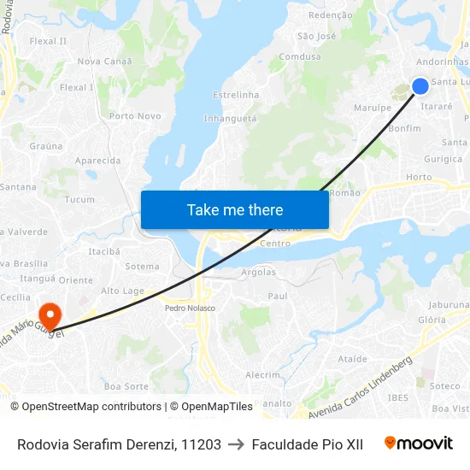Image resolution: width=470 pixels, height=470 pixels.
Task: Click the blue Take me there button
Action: tap(235, 209)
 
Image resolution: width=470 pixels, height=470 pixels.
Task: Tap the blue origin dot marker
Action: tap(420, 85)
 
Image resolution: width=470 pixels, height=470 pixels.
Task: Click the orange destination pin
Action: tap(50, 315)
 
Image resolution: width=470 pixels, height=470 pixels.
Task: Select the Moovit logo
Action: tap(419, 444)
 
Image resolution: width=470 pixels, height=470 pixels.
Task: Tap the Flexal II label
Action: tap(48, 41)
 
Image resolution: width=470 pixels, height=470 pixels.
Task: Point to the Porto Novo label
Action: tap(135, 116)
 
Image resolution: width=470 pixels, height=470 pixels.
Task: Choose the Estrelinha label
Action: tap(235, 95)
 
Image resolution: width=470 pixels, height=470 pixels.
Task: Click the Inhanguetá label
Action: tap(231, 119)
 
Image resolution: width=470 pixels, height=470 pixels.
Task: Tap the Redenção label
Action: tap(330, 15)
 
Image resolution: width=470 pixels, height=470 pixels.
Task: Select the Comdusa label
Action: tap(300, 57)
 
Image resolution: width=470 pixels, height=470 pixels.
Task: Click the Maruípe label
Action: tap(373, 109)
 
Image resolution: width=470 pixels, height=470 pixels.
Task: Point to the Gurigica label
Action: tap(444, 159)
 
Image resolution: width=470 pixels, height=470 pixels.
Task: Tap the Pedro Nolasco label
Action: tap(191, 308)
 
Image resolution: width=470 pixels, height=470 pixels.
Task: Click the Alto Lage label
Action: tap(123, 291)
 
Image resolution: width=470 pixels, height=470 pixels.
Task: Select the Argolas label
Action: tap(259, 273)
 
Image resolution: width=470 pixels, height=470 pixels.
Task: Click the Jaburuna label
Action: tap(449, 304)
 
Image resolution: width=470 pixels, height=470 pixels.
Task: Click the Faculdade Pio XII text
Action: tap(307, 444)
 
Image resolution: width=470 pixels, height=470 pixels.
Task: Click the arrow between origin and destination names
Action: tap(236, 444)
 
